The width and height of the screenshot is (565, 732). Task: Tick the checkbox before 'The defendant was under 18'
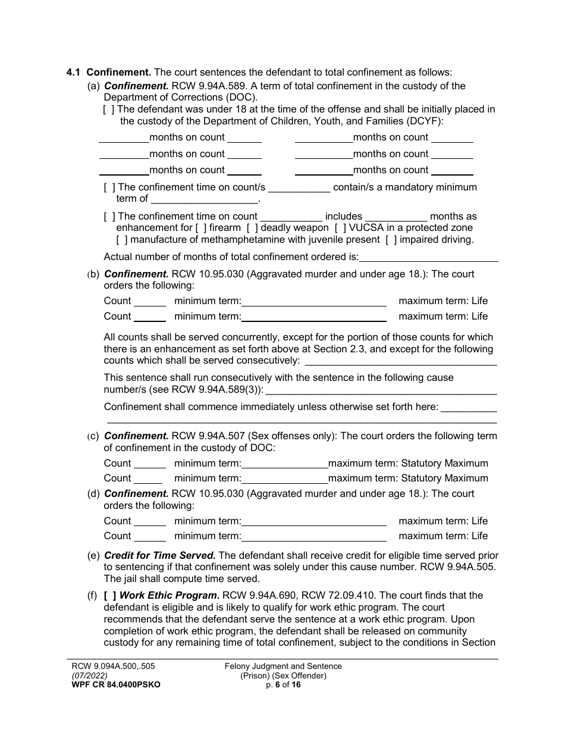click(109, 110)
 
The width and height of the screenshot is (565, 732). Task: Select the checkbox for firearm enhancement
click(201, 228)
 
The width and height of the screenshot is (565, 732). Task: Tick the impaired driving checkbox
click(391, 240)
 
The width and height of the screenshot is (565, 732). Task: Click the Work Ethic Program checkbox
click(110, 595)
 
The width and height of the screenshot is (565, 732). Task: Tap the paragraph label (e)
click(93, 556)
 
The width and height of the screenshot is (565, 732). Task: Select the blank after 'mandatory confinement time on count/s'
click(299, 187)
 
